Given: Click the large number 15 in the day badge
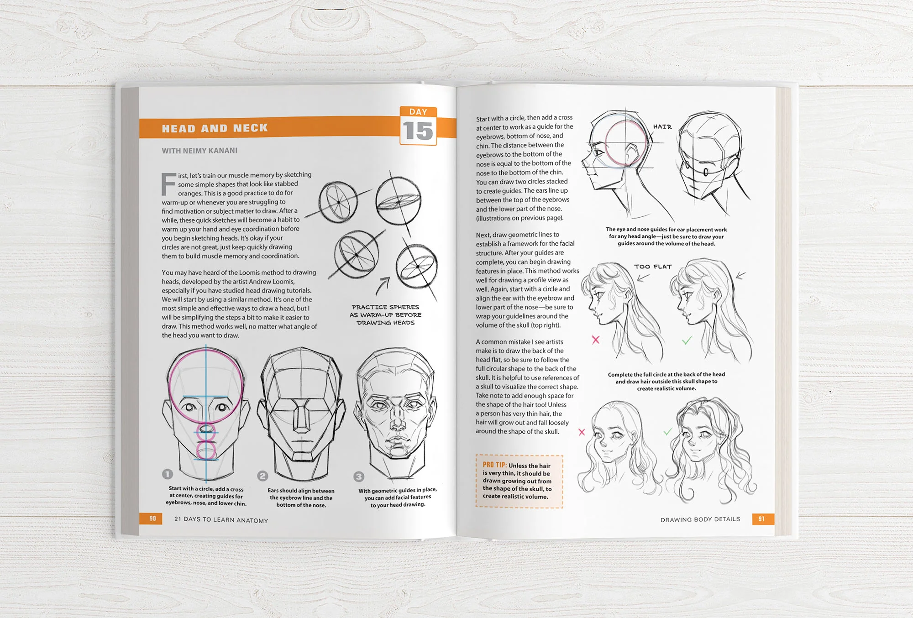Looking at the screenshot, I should [418, 131].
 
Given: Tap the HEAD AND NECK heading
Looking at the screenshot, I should [215, 128].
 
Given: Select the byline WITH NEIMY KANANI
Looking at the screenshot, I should [199, 151].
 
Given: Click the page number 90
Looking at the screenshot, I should [152, 518].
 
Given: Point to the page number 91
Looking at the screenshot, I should [761, 518].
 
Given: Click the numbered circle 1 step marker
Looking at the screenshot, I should [168, 474].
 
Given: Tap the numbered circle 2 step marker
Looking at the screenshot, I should [262, 476].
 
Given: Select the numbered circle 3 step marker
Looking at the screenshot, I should [359, 477].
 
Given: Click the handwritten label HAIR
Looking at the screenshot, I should [662, 127].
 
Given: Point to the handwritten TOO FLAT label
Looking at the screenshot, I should [653, 267].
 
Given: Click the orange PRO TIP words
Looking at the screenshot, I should [494, 465].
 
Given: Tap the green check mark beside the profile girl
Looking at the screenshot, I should [687, 340].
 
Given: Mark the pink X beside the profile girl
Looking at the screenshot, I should [596, 340].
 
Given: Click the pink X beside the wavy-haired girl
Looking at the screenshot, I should [582, 432].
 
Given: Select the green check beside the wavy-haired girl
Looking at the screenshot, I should [668, 431].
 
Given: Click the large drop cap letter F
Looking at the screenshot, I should [168, 184].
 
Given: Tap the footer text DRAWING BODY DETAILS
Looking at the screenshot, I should [700, 519].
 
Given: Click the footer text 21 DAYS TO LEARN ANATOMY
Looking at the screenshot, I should [221, 520].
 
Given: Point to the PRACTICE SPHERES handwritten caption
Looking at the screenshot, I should [386, 315].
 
